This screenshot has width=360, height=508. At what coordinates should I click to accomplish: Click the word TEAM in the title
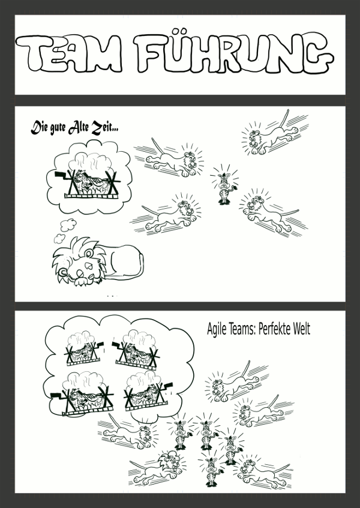click(68, 53)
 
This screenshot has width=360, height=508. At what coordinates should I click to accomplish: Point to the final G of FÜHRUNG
click(314, 53)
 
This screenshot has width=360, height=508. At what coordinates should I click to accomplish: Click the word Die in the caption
click(40, 128)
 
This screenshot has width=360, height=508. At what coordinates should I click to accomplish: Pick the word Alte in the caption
click(78, 128)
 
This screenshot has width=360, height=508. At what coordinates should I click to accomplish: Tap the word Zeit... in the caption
click(104, 128)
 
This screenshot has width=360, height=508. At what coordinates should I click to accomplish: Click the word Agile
click(217, 330)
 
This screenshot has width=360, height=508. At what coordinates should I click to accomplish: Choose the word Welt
click(301, 329)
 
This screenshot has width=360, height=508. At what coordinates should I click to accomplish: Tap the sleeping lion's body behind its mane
click(125, 261)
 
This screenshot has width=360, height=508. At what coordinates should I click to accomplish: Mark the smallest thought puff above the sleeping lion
click(59, 239)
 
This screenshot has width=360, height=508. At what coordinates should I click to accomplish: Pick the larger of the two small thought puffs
click(68, 225)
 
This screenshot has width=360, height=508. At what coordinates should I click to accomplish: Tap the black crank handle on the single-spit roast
click(61, 175)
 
